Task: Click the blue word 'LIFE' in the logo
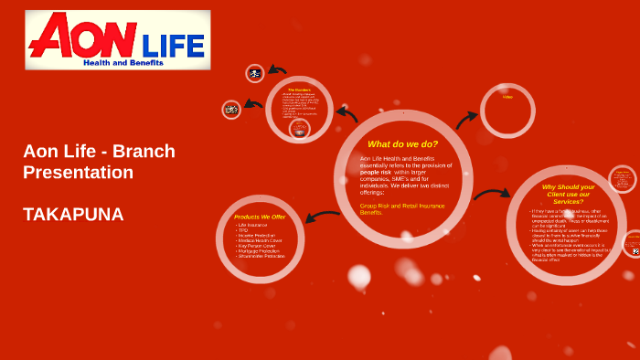(174, 44)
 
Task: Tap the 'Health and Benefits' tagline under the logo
(123, 63)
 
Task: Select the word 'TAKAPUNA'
(73, 215)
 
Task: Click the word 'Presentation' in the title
(79, 172)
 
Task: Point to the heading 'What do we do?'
(402, 143)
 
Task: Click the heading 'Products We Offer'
(260, 217)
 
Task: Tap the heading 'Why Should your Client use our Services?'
(568, 194)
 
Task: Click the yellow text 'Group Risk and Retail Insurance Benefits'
(402, 208)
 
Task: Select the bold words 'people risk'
(376, 172)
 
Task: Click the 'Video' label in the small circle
(507, 97)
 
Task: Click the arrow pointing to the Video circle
(466, 119)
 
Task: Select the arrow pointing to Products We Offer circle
(322, 217)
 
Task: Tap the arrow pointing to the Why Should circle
(492, 193)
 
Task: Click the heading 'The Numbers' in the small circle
(299, 90)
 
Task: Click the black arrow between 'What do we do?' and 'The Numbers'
(347, 113)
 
